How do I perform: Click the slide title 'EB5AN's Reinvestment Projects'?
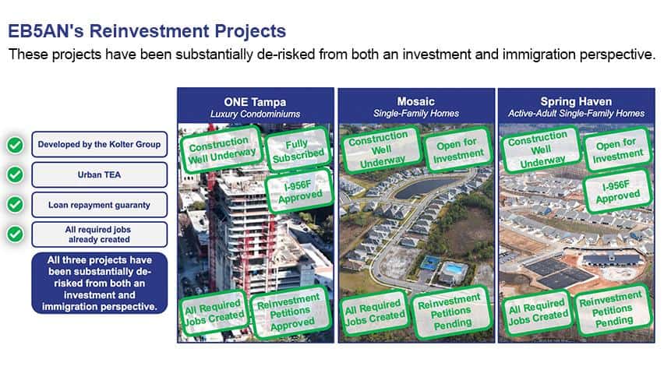147,31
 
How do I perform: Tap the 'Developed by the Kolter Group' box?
100,144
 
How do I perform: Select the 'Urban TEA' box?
100,174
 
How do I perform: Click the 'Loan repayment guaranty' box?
100,205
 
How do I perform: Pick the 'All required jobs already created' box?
100,234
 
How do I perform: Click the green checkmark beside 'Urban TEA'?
16,174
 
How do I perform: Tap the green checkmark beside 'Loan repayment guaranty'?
16,204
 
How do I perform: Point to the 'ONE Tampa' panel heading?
255,102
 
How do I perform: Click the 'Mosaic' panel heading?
416,101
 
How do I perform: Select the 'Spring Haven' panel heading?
576,101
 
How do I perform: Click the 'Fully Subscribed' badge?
298,150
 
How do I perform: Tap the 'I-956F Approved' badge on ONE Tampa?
298,191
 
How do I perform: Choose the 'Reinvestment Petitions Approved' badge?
290,312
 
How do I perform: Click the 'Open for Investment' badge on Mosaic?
458,150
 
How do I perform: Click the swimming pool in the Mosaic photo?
454,268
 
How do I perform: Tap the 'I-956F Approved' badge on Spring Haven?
616,191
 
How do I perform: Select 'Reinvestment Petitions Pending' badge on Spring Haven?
613,312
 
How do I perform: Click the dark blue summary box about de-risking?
100,283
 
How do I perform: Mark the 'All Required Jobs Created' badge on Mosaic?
374,312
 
